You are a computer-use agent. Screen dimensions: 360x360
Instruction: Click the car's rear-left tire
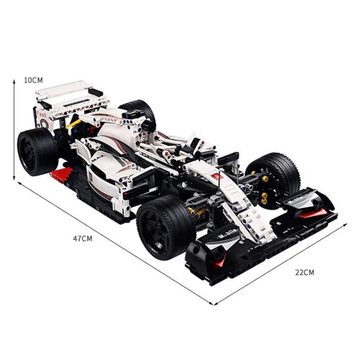[x=36, y=151]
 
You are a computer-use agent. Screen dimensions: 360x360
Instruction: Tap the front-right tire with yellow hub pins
[x=277, y=176]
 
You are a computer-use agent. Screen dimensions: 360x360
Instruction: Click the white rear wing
[x=68, y=94]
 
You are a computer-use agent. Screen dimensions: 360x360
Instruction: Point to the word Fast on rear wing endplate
[x=43, y=114]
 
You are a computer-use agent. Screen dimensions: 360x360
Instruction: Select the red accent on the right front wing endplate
[x=311, y=212]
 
